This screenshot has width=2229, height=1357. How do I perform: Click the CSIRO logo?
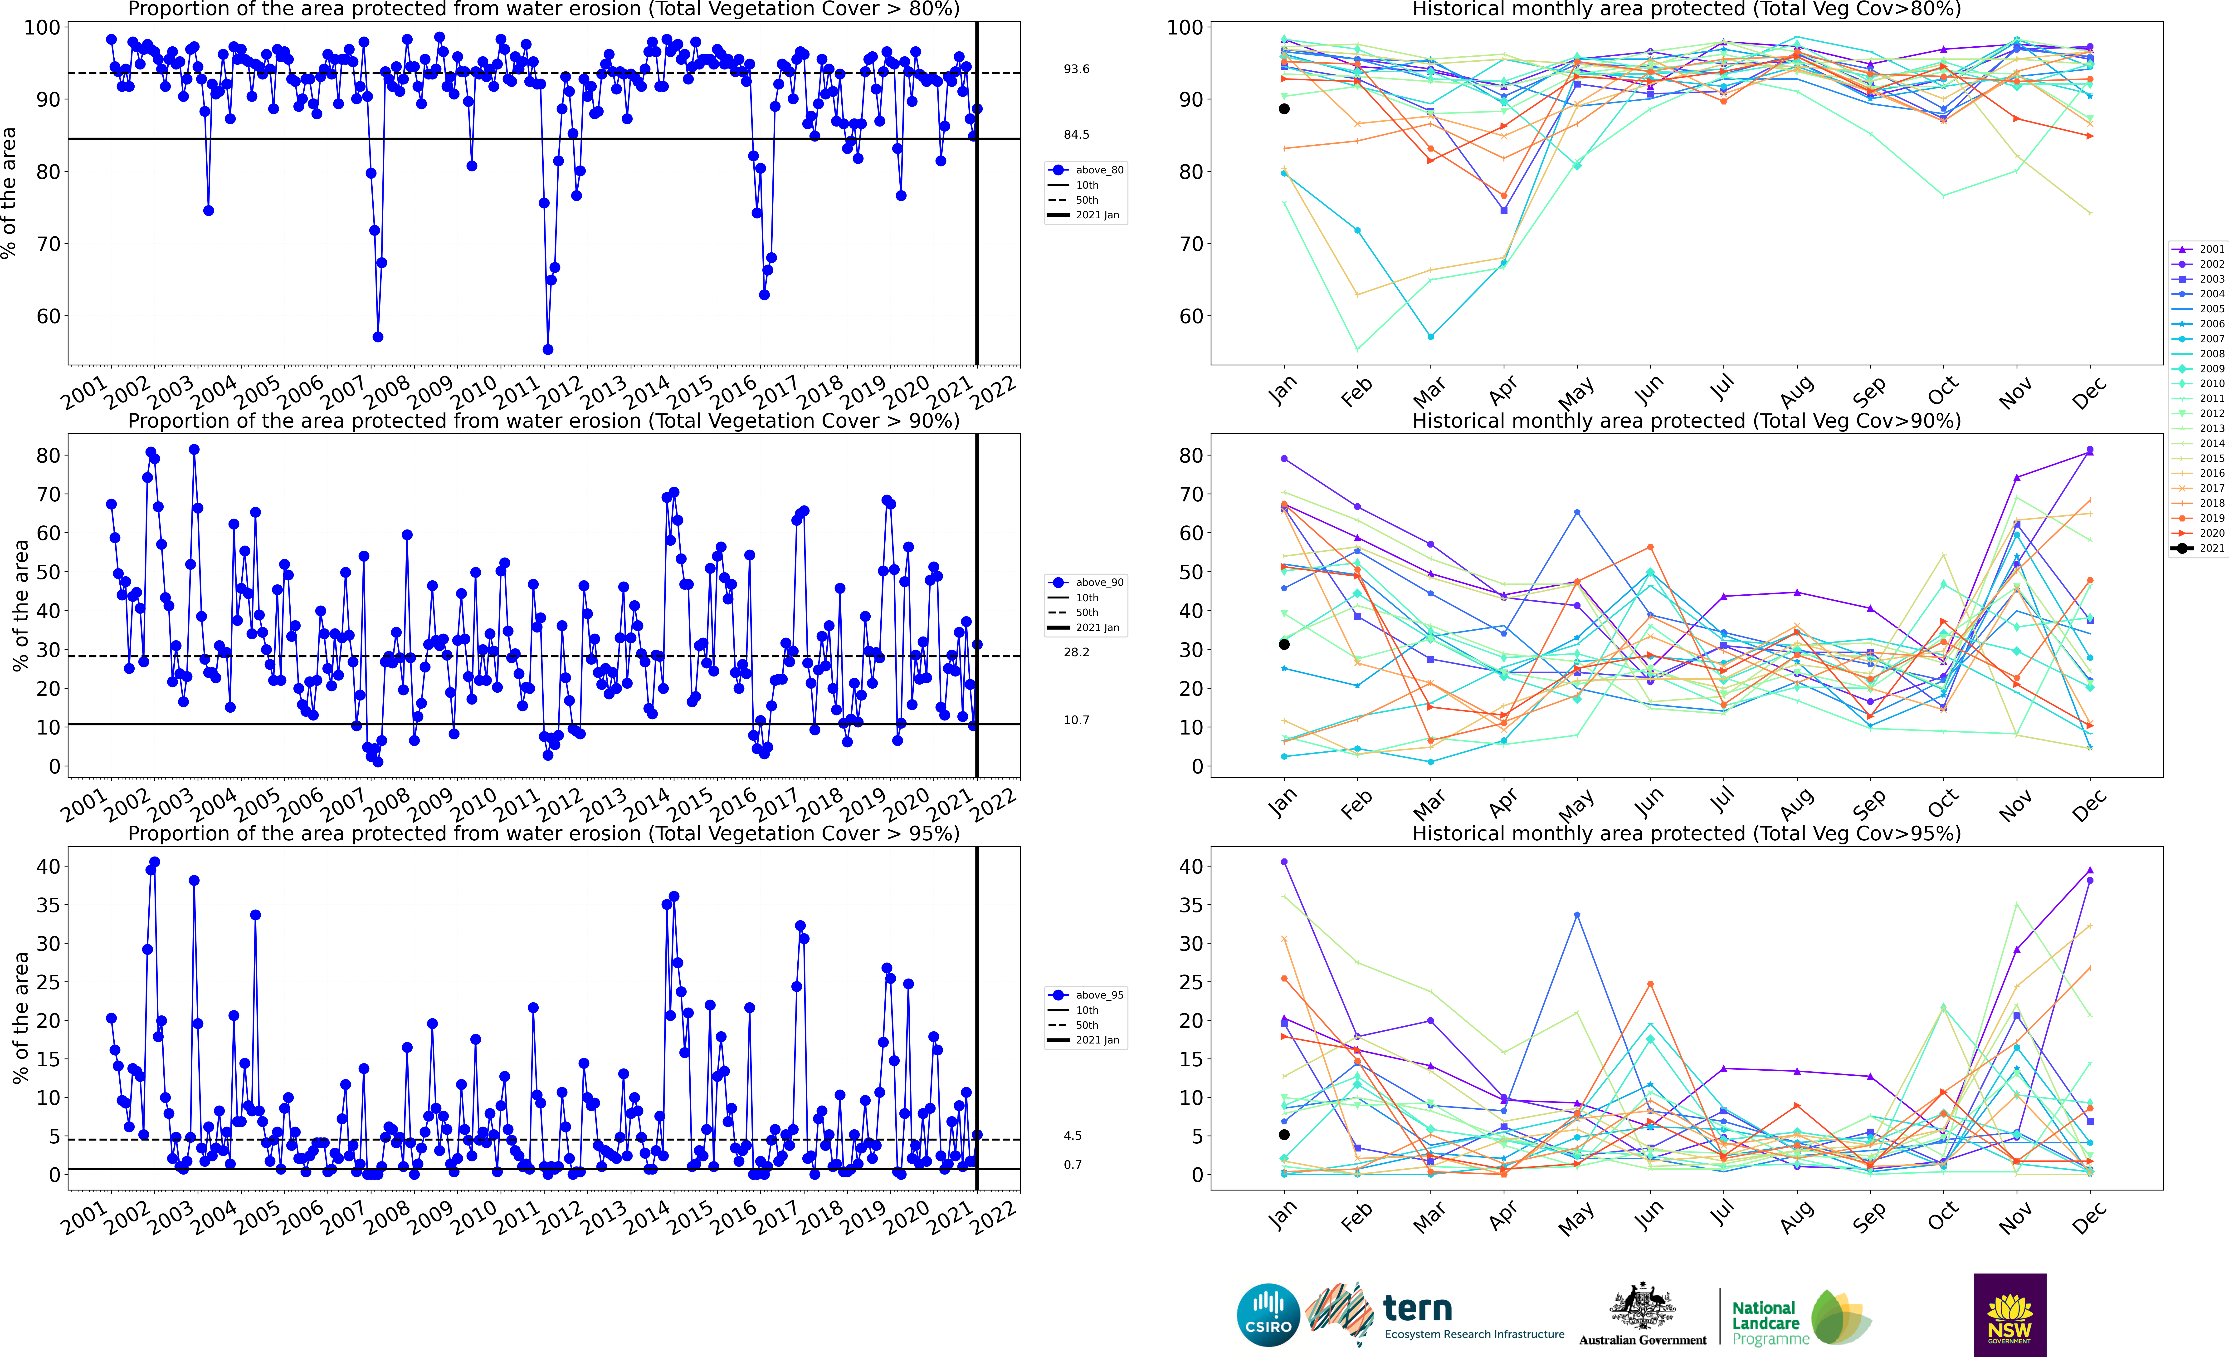point(1268,1314)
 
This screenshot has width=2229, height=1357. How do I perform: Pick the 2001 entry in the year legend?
point(2211,249)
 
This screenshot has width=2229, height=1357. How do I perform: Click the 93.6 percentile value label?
point(1077,69)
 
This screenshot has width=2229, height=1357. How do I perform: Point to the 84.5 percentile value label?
point(1077,135)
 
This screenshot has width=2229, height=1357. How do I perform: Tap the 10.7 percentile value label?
point(1077,720)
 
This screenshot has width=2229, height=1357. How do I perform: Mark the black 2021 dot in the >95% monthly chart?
point(1284,1134)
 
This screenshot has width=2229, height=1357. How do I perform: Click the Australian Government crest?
point(1642,1307)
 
